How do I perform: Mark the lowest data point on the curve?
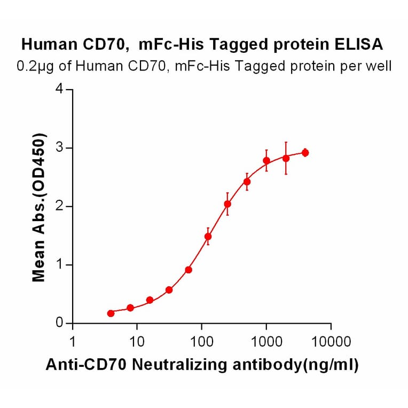(111, 313)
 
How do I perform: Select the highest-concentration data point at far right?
(305, 153)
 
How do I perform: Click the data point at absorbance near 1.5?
(208, 236)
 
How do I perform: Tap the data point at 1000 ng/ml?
(266, 161)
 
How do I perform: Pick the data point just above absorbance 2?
(227, 204)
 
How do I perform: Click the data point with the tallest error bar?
(286, 158)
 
